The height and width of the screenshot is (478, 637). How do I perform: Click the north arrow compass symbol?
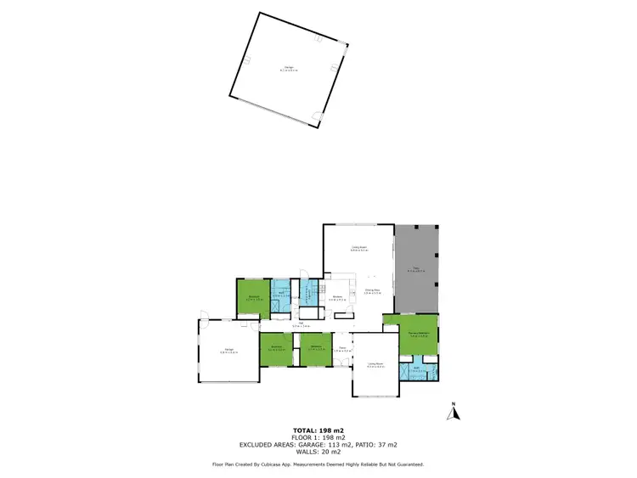click(x=454, y=413)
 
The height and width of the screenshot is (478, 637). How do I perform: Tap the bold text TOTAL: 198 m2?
click(x=318, y=431)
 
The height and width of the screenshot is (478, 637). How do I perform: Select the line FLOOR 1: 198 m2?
click(x=318, y=438)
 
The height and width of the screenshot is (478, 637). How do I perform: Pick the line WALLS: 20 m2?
click(x=318, y=452)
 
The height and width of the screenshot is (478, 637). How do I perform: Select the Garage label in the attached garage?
click(x=229, y=350)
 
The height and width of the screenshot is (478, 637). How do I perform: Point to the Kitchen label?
click(x=337, y=296)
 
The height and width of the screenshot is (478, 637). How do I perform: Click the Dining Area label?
click(x=373, y=291)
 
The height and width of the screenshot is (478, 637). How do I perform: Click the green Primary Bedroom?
click(x=412, y=335)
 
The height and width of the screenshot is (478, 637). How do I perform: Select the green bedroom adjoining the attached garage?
click(x=276, y=348)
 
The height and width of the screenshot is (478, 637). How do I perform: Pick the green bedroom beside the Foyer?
click(x=315, y=348)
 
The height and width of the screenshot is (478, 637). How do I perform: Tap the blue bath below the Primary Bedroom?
click(x=418, y=370)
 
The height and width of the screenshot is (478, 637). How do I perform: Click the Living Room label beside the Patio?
click(x=358, y=249)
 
